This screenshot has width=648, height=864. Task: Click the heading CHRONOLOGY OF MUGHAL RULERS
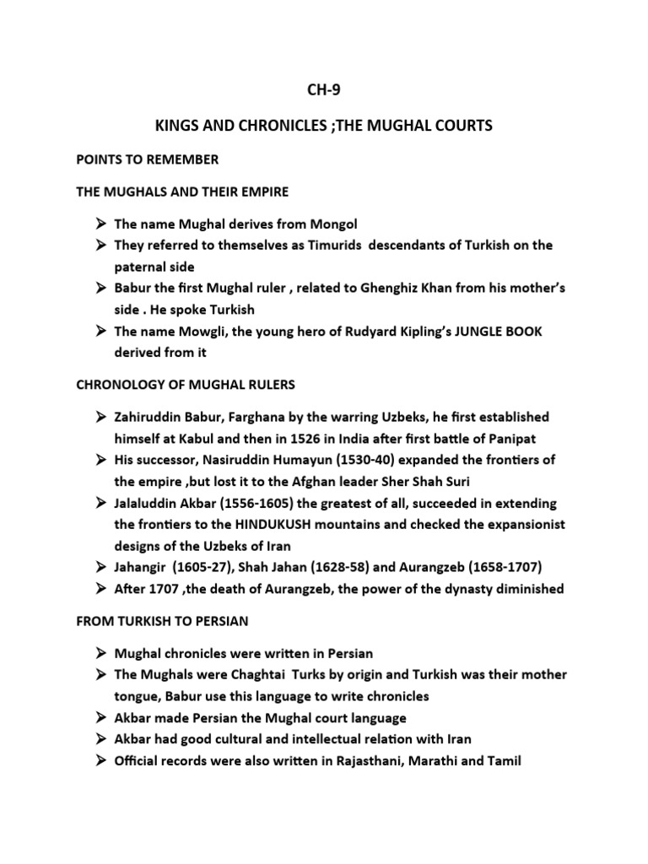point(186,384)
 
